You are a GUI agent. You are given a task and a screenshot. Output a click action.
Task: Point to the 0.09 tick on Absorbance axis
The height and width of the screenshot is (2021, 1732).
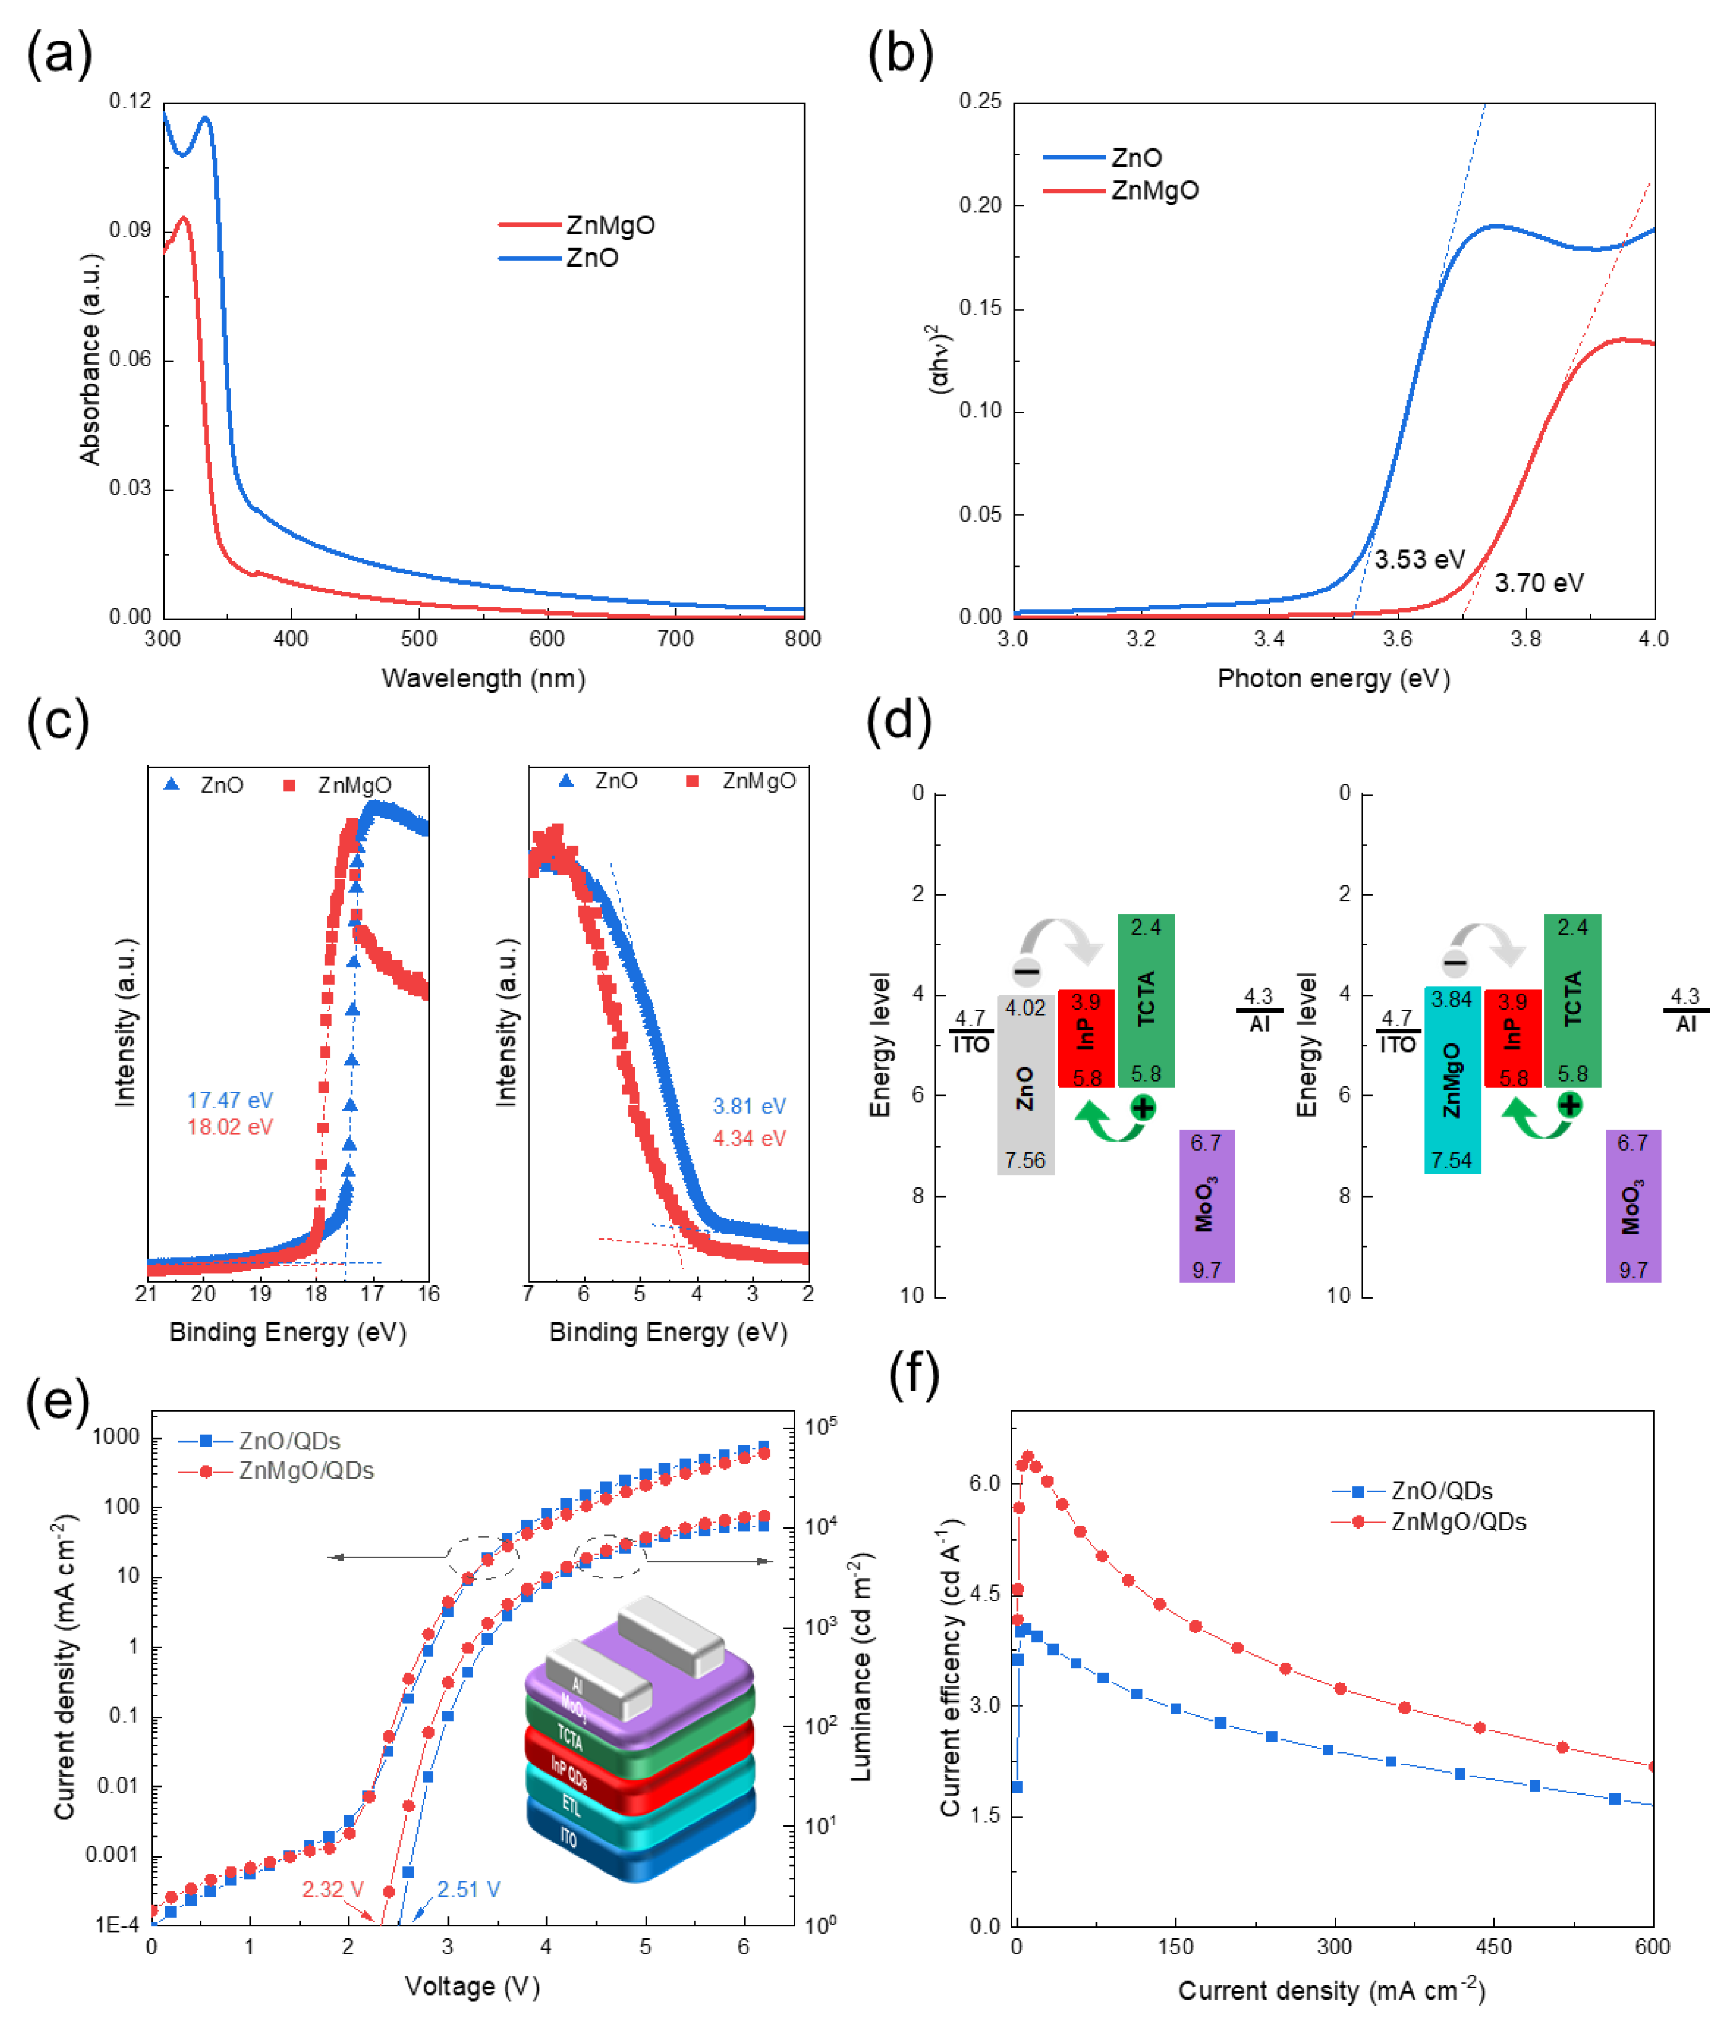coord(130,230)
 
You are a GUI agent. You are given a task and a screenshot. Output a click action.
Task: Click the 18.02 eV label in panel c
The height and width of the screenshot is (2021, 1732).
coord(231,1127)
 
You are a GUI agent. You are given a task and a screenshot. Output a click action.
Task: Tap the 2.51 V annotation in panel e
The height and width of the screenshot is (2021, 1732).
coord(469,1889)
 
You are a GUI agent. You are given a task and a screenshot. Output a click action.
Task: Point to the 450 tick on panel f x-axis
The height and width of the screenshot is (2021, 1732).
coord(1493,1947)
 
